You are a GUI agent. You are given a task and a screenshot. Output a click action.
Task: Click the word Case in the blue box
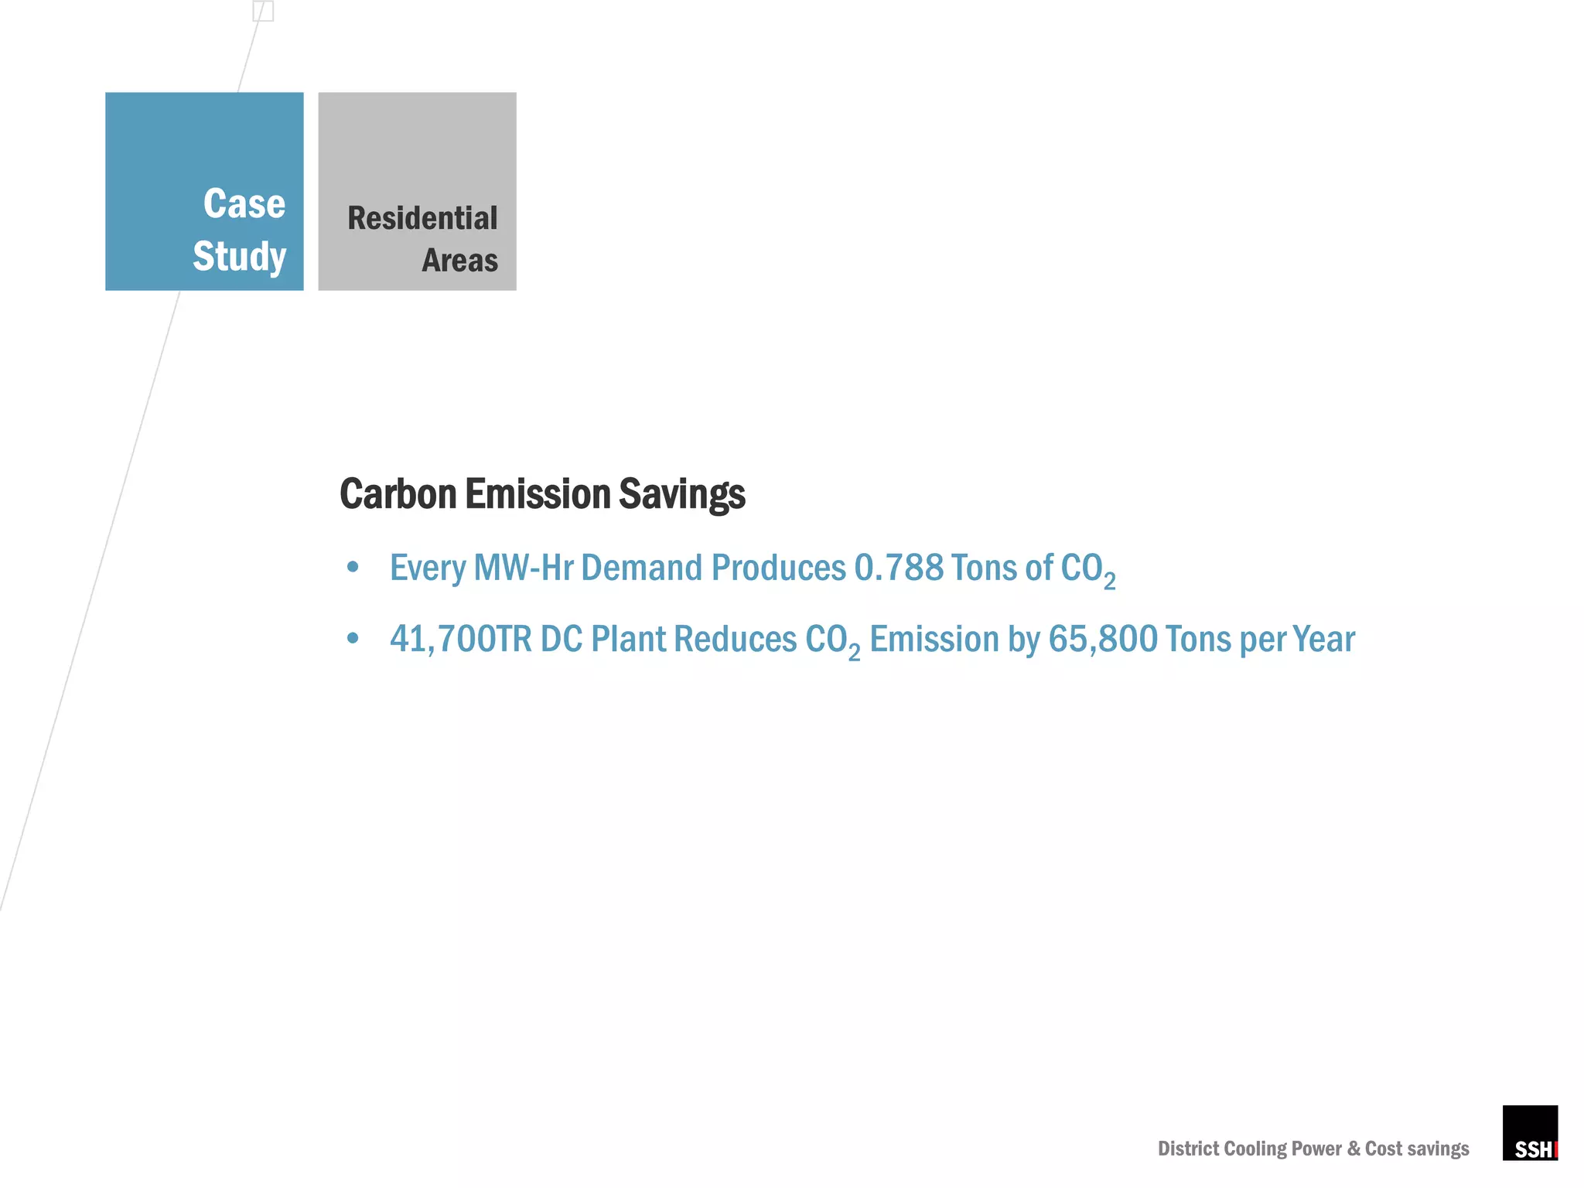point(244,204)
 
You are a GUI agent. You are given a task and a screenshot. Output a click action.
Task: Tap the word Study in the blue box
point(239,257)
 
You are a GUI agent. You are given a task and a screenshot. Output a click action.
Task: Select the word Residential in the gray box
point(422,218)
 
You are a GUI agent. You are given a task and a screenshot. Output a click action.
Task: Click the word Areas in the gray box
point(459,261)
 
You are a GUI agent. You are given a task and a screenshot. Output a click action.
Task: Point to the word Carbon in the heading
point(398,494)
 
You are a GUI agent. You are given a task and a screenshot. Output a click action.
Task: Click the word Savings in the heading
point(681,494)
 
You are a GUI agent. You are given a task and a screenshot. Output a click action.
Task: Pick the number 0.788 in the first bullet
point(898,568)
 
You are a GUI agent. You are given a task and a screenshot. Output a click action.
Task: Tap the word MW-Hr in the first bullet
point(523,568)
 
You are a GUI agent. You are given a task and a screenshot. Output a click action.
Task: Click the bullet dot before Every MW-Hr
point(353,568)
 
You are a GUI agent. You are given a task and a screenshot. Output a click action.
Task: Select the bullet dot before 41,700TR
point(353,639)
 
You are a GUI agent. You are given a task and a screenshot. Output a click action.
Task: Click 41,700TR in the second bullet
point(460,640)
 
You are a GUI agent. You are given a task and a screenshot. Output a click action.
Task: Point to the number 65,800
point(1103,640)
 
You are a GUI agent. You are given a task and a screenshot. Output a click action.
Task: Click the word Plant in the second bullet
point(628,640)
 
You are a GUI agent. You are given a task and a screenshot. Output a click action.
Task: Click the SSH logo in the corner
point(1529,1133)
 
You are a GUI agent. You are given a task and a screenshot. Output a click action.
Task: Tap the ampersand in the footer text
point(1354,1149)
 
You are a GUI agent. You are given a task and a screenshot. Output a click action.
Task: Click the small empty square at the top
point(263,11)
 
